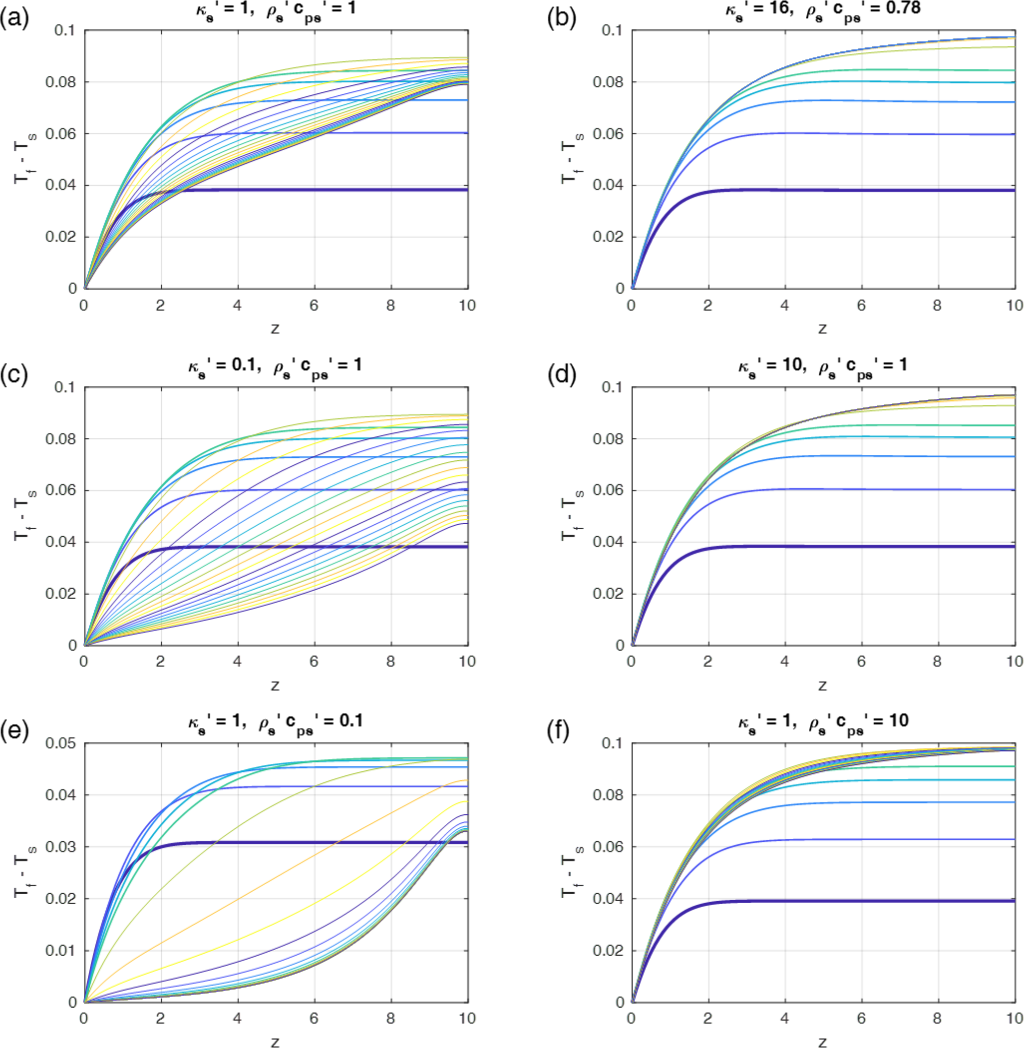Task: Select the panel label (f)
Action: [561, 732]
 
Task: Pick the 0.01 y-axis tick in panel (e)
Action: [61, 950]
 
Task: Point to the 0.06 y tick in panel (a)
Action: [61, 133]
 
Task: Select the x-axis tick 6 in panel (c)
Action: [314, 661]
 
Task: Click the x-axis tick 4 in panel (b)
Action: [784, 306]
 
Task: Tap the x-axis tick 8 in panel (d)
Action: [937, 661]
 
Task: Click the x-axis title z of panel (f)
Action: [822, 1041]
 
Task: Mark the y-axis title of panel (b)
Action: [570, 159]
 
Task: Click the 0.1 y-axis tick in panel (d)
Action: [612, 387]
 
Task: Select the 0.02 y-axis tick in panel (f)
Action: [608, 950]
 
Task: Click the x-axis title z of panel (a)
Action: [275, 328]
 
